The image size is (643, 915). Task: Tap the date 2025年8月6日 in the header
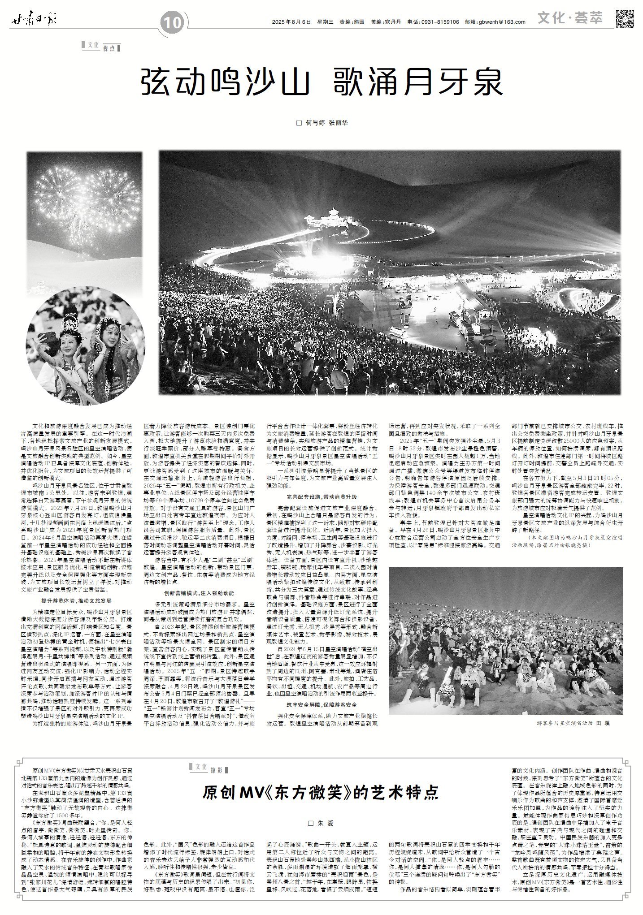(291, 22)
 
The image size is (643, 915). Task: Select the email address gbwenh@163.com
(502, 22)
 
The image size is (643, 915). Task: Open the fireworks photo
(84, 211)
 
